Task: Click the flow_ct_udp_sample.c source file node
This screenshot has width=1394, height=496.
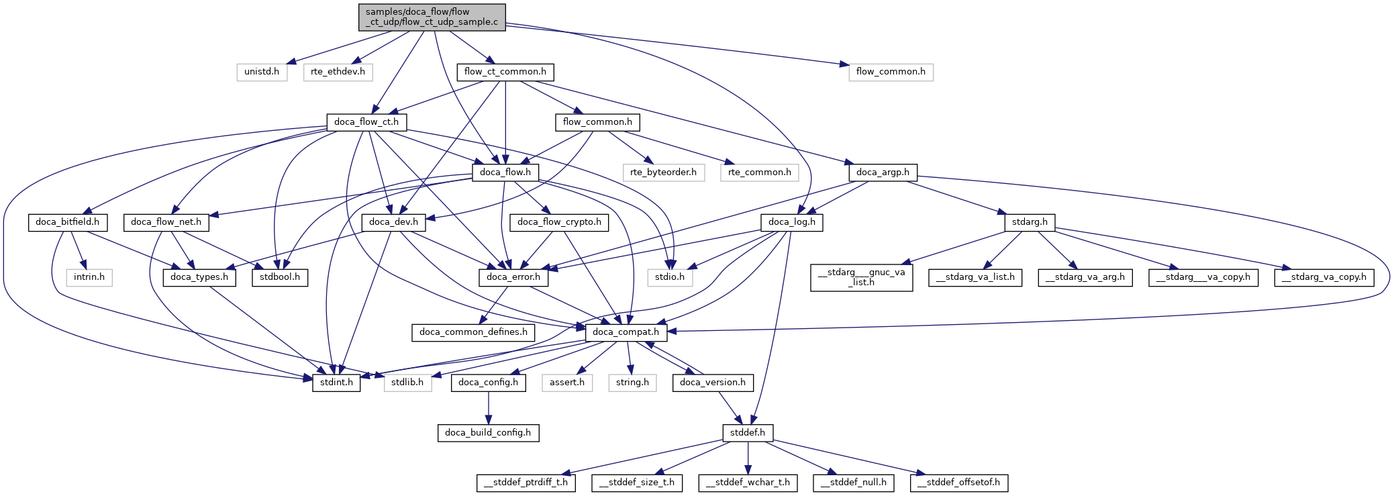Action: coord(432,17)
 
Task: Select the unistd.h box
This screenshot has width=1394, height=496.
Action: coord(262,72)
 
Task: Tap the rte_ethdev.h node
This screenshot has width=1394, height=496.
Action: coord(338,72)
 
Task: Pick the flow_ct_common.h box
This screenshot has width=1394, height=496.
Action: coord(505,72)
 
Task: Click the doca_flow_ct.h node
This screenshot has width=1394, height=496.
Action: coord(366,122)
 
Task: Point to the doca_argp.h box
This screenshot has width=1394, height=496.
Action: coord(883,172)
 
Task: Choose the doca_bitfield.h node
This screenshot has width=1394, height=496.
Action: coord(67,222)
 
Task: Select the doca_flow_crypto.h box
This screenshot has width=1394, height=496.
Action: coord(559,222)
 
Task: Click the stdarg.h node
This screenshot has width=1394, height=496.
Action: coord(1030,222)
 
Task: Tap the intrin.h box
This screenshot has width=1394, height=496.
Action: coord(89,277)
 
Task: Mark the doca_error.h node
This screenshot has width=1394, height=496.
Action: coord(513,277)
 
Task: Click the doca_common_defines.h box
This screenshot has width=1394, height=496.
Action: coord(473,332)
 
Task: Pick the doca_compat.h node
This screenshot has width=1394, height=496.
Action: coord(626,332)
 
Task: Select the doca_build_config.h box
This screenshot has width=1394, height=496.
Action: coord(488,433)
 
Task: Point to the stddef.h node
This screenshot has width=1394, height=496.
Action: coord(748,433)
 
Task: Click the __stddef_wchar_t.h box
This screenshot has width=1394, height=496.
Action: coord(748,483)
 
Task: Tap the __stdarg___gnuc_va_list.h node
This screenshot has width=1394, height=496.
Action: coord(861,277)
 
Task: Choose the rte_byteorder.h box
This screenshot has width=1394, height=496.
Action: coord(663,172)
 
